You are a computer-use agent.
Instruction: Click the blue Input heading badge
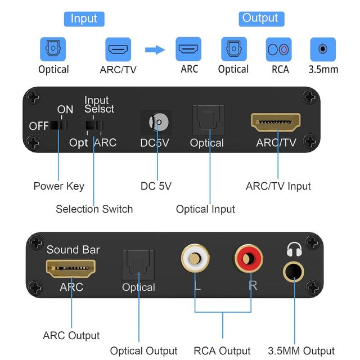coord(83,18)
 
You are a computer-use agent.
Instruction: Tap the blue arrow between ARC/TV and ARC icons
coord(155,50)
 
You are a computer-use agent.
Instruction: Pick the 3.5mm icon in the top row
coord(322,49)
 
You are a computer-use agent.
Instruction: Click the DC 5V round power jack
coord(157,122)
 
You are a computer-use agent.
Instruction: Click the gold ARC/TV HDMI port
coord(276,122)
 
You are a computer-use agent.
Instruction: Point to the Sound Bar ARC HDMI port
coord(71,269)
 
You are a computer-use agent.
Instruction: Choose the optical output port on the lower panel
coord(138,266)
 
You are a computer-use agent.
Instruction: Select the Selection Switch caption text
coord(94,209)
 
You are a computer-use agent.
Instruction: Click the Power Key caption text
coord(58,186)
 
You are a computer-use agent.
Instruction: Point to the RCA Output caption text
coord(222,351)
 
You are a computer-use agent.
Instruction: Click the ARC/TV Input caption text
coord(278,186)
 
